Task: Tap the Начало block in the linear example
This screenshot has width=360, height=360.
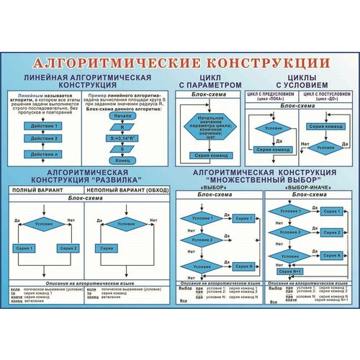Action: tap(123, 116)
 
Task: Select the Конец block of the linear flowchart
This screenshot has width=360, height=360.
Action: tap(123, 158)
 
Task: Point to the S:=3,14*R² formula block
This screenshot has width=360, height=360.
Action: tap(123, 138)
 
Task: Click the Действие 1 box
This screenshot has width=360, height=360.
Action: tap(41, 125)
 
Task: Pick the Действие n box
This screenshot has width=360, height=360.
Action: tap(41, 153)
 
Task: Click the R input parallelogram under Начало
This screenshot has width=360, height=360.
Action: tap(123, 127)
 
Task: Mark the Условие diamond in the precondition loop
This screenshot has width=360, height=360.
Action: tap(269, 128)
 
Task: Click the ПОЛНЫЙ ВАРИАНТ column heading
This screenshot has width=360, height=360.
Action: tap(42, 190)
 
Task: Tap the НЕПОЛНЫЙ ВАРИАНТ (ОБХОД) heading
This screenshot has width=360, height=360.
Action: tap(128, 190)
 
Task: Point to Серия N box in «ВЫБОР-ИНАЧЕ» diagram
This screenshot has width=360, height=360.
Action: tap(331, 255)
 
